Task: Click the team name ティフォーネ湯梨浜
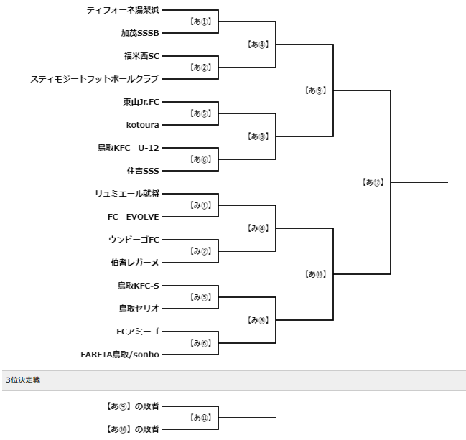tap(123, 10)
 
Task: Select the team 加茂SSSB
tap(140, 33)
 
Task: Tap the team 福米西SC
tap(141, 56)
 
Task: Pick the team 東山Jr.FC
tap(141, 102)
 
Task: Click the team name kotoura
tap(143, 125)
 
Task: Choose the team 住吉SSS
tap(143, 171)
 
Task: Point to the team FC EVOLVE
tap(133, 217)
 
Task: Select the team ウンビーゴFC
tap(134, 240)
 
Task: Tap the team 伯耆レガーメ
tap(135, 263)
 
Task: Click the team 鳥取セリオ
tap(139, 309)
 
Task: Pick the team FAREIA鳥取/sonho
tap(120, 355)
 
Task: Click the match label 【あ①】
tap(200, 22)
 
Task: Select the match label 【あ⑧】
tap(258, 136)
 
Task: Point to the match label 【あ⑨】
tap(315, 90)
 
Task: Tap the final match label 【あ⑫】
tap(373, 182)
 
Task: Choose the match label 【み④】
tap(258, 228)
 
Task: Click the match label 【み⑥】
tap(200, 343)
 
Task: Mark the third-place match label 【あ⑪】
tap(200, 418)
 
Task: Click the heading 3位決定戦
tap(23, 380)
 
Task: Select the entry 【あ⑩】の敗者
tap(133, 429)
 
